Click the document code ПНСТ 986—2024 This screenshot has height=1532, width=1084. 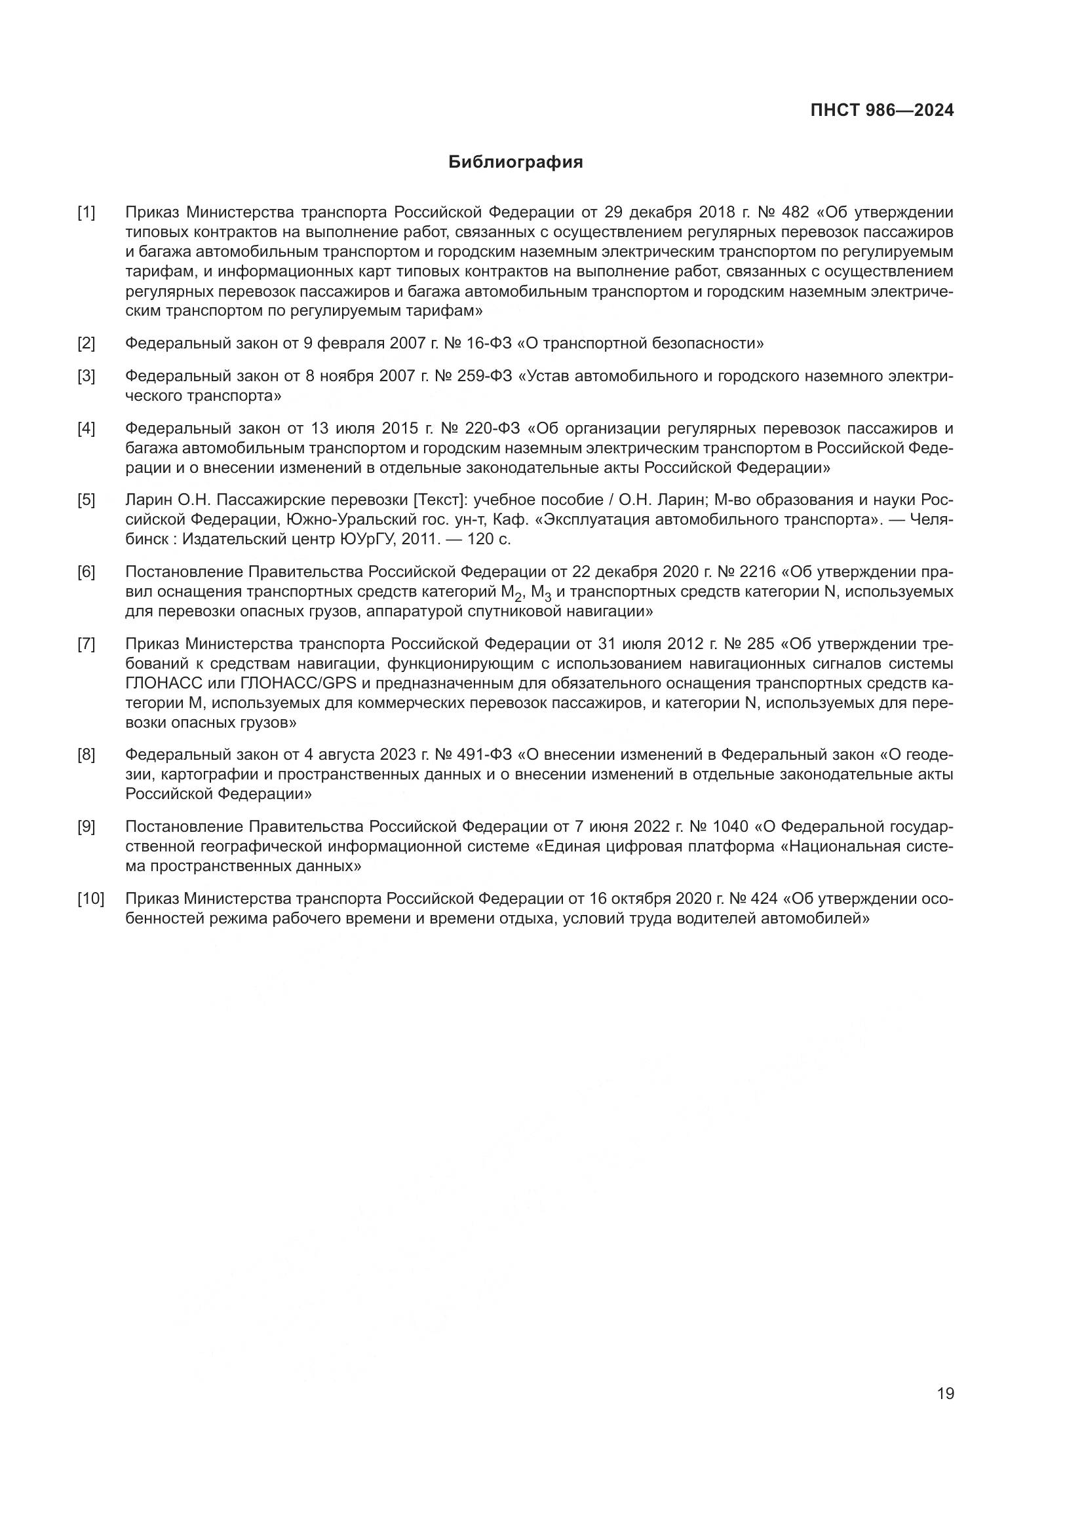click(881, 111)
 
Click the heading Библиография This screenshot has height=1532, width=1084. click(515, 162)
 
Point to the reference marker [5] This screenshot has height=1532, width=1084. click(86, 500)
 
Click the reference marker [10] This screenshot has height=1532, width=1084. click(91, 899)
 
